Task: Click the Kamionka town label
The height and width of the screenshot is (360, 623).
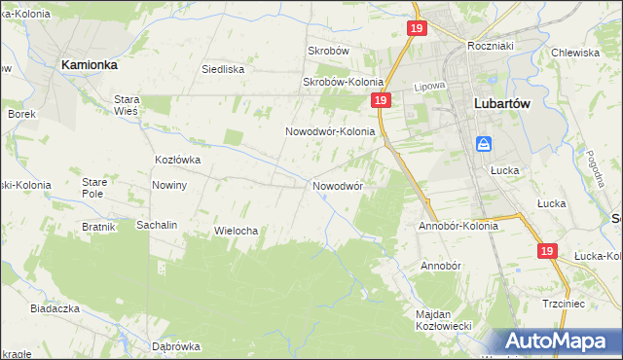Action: coord(90,64)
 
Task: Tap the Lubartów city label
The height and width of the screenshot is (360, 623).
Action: coord(502,103)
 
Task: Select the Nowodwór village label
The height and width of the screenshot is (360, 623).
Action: coord(338,185)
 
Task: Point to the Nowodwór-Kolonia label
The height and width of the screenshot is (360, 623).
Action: coord(330,131)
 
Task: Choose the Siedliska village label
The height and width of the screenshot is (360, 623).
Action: coord(222,69)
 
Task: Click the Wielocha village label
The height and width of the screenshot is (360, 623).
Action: coord(235,231)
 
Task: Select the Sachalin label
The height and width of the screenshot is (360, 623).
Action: coord(157,225)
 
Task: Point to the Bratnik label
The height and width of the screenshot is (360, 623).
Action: coord(99,227)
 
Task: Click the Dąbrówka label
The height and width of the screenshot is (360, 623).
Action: coord(176,345)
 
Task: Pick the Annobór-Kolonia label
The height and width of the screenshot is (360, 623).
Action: coord(458,226)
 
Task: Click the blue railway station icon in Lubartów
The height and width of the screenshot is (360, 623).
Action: coord(484,145)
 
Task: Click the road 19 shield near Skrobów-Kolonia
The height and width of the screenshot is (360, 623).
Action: coord(381,100)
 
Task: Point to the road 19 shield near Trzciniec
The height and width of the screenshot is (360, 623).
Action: coord(547,251)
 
